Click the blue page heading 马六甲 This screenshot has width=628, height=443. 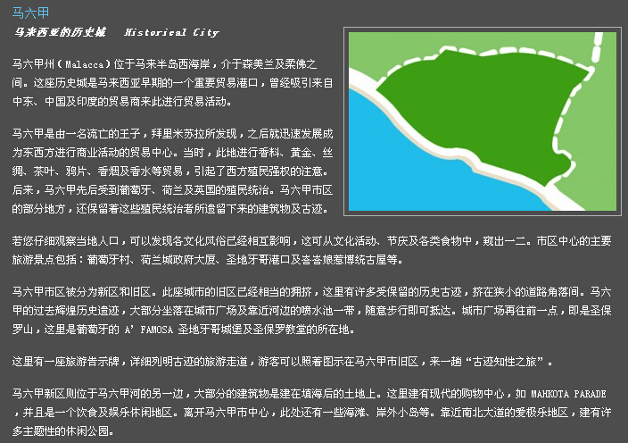click(31, 13)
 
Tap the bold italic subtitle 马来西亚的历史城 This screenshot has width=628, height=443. click(60, 33)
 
